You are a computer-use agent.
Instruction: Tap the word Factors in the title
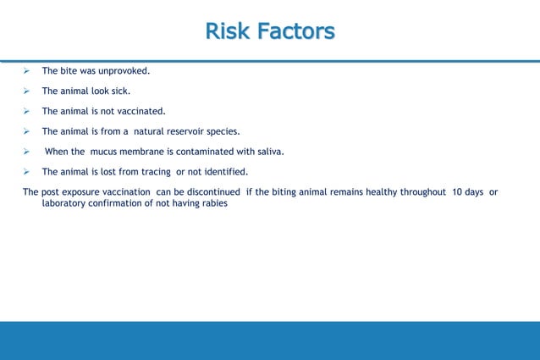pyautogui.click(x=294, y=32)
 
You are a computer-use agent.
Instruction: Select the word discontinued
pyautogui.click(x=200, y=192)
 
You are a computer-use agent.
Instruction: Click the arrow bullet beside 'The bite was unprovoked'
pyautogui.click(x=27, y=70)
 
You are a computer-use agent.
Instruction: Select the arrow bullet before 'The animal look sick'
pyautogui.click(x=27, y=91)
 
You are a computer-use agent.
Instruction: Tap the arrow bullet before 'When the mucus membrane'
pyautogui.click(x=27, y=152)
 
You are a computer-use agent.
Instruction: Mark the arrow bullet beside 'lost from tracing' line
pyautogui.click(x=27, y=172)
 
